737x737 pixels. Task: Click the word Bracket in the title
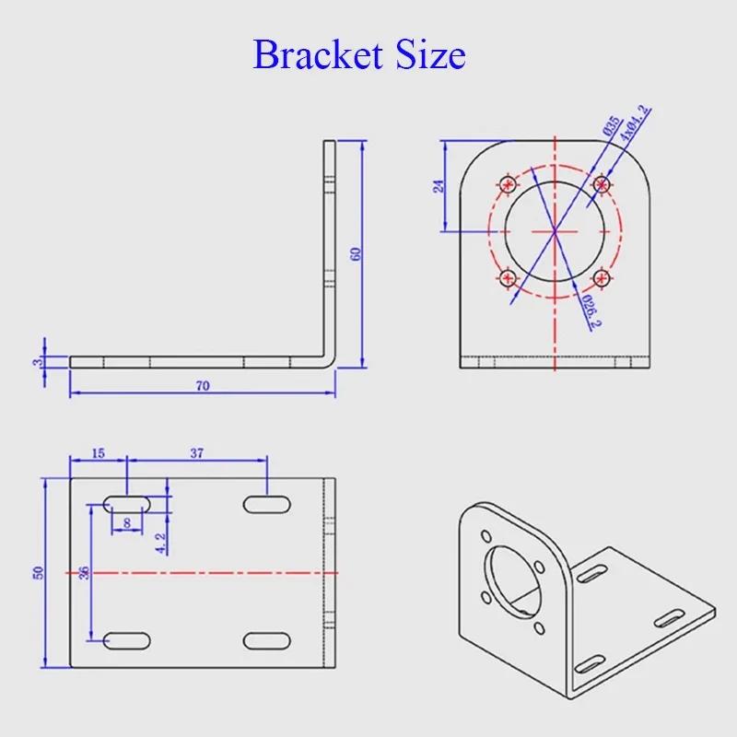point(317,54)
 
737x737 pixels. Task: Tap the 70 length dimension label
point(203,386)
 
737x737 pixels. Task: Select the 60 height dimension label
point(356,254)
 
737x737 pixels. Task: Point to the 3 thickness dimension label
point(37,362)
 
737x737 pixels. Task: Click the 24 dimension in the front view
point(439,186)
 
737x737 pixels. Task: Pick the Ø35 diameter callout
point(611,125)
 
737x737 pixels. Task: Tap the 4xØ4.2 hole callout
point(635,123)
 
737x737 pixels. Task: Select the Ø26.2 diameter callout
point(591,310)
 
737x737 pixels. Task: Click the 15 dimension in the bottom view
point(99,453)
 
